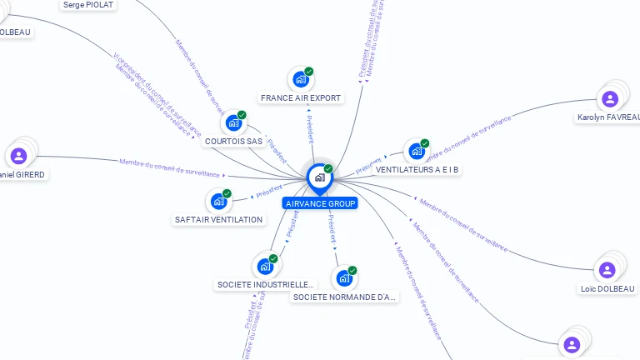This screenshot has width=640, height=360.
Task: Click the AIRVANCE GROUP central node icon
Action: click(x=319, y=177)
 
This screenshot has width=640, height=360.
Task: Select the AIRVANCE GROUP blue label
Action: click(x=320, y=203)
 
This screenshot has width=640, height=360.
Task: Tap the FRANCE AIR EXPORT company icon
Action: click(x=300, y=79)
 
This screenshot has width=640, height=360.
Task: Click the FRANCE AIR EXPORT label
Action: click(x=301, y=98)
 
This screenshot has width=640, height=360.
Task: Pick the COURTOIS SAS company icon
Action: click(x=233, y=122)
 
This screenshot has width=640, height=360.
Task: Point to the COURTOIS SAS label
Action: click(x=233, y=142)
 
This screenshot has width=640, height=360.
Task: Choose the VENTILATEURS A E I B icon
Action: click(x=416, y=152)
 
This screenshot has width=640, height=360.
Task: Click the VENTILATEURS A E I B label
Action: click(x=418, y=170)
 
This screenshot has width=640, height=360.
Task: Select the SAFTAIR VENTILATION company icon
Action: click(x=218, y=201)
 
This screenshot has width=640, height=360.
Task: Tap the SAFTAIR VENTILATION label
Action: click(x=219, y=220)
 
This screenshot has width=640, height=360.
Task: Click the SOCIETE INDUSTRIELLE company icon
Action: click(x=265, y=266)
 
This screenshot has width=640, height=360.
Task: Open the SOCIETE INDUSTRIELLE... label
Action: click(x=266, y=285)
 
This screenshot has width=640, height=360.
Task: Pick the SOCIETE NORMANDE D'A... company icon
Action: click(x=344, y=277)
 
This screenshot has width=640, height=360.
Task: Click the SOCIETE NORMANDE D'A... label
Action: click(x=345, y=297)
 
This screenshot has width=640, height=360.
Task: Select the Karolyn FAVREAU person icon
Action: click(x=610, y=98)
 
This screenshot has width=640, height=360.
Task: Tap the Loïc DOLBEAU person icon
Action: click(x=607, y=270)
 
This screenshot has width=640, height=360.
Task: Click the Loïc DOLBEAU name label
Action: click(x=607, y=289)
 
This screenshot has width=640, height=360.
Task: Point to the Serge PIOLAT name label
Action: click(x=88, y=4)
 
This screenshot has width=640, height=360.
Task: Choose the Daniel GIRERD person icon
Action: click(x=18, y=156)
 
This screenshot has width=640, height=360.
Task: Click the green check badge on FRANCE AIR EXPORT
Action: click(x=309, y=72)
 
